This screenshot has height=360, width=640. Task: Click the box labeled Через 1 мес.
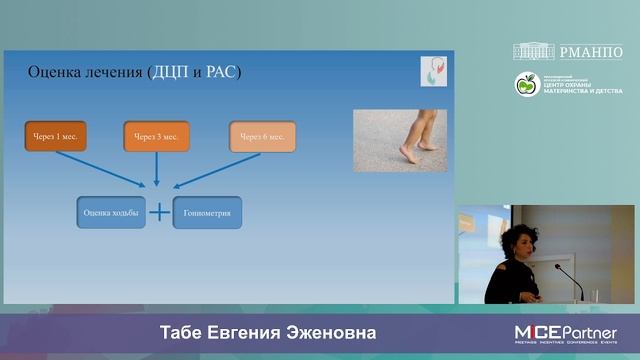[56, 136]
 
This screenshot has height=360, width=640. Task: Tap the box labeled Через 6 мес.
[262, 136]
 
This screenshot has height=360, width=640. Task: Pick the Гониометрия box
[207, 212]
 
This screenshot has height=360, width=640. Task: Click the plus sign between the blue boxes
[159, 212]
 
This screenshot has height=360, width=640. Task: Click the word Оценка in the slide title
[55, 73]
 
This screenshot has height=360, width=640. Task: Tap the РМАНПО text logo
[595, 51]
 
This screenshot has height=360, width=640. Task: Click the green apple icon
[526, 85]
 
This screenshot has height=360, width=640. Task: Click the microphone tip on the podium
[557, 267]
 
